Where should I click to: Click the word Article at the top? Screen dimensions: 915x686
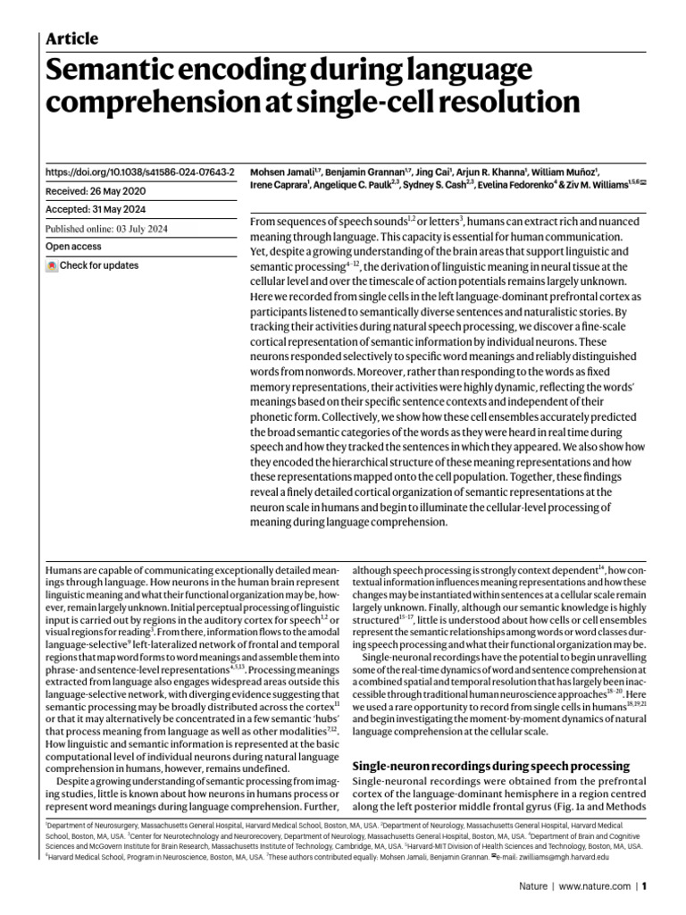[x=71, y=38]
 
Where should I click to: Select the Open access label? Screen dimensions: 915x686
[x=74, y=246]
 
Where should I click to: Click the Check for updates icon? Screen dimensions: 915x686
[x=52, y=266]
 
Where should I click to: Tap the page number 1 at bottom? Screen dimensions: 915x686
[x=644, y=887]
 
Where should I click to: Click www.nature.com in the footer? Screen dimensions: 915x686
[x=595, y=887]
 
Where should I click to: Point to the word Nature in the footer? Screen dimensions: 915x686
[x=535, y=887]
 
